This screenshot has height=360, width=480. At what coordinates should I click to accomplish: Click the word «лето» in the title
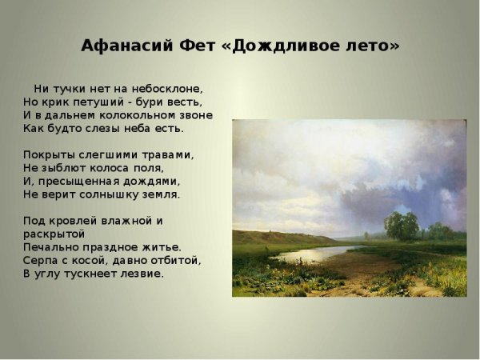371,46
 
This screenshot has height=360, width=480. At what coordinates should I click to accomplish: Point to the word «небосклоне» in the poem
170,89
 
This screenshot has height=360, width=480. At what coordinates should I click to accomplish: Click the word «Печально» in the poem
50,246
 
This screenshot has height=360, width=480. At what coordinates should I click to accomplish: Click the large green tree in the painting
402,226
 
